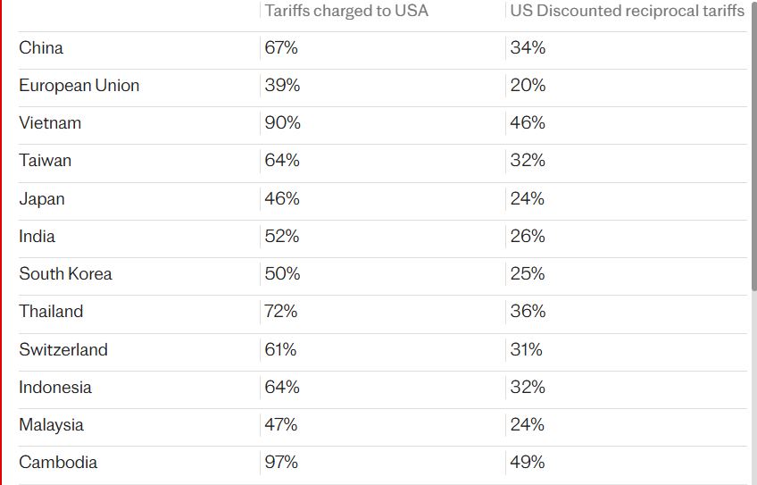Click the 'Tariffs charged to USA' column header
(346, 11)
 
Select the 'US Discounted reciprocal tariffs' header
(627, 11)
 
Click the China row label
(41, 48)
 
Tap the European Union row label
(79, 86)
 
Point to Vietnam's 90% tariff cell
(283, 123)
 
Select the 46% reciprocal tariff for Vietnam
(528, 123)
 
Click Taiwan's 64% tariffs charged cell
(282, 161)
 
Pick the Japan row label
(42, 199)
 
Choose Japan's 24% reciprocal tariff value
(528, 199)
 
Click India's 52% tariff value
(282, 237)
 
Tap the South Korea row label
(66, 274)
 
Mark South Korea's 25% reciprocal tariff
(528, 274)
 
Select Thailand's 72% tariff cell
(281, 312)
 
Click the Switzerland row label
(63, 350)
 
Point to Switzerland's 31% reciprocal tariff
(527, 350)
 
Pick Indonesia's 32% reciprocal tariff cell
(528, 388)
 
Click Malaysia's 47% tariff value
(281, 425)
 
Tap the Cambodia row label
(58, 463)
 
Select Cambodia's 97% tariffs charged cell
(281, 463)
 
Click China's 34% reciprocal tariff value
(528, 48)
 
